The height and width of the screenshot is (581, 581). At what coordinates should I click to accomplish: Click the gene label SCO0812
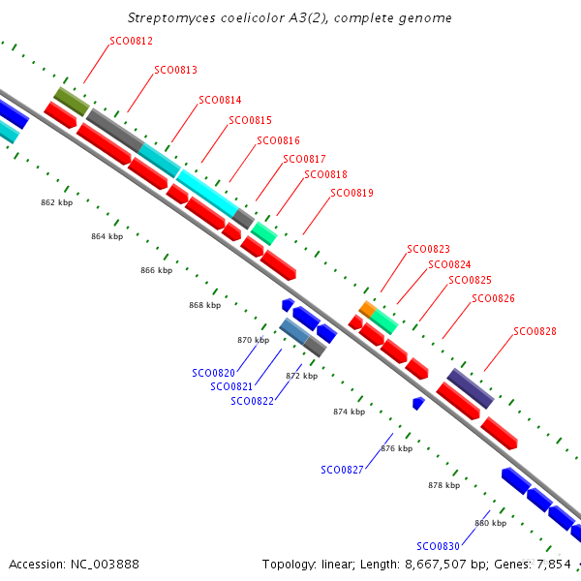(131, 41)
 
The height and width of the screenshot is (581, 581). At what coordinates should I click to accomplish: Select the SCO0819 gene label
(352, 193)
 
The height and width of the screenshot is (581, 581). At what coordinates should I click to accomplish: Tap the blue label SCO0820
(213, 373)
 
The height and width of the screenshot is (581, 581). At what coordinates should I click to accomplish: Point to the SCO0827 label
(342, 471)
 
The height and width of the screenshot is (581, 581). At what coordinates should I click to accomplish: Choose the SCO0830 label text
(438, 546)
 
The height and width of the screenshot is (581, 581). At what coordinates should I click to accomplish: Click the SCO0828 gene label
(535, 331)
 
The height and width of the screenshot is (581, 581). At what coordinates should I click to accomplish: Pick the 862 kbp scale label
(57, 202)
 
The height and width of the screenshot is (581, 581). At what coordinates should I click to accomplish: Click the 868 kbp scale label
(205, 305)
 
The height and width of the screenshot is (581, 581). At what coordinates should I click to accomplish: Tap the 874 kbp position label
(349, 412)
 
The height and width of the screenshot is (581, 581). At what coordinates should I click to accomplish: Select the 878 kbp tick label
(443, 485)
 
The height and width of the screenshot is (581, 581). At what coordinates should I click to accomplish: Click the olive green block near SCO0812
(72, 102)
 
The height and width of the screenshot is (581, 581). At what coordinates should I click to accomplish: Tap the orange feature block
(368, 310)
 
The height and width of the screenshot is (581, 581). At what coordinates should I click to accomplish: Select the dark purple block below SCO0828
(471, 388)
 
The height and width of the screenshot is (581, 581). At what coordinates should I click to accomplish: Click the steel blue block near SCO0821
(295, 331)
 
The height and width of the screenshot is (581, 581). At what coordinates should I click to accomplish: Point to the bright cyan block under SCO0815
(207, 194)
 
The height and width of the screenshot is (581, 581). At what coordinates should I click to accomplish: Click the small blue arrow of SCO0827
(418, 404)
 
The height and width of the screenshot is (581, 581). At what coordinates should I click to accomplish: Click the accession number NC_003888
(105, 565)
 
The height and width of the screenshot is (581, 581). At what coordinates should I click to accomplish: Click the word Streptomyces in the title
(171, 18)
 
